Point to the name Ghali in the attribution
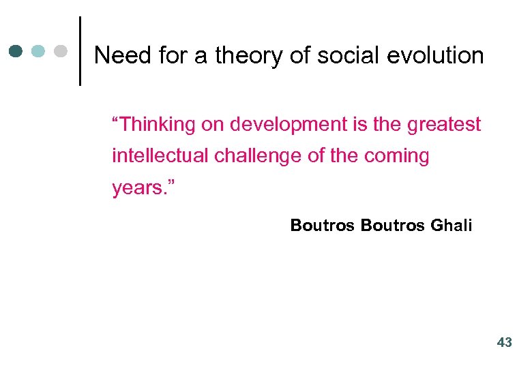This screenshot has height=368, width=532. [x=452, y=226]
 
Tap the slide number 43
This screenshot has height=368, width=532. [x=504, y=343]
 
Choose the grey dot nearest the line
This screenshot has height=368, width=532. [x=61, y=51]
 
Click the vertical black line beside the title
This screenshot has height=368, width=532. [x=80, y=51]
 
